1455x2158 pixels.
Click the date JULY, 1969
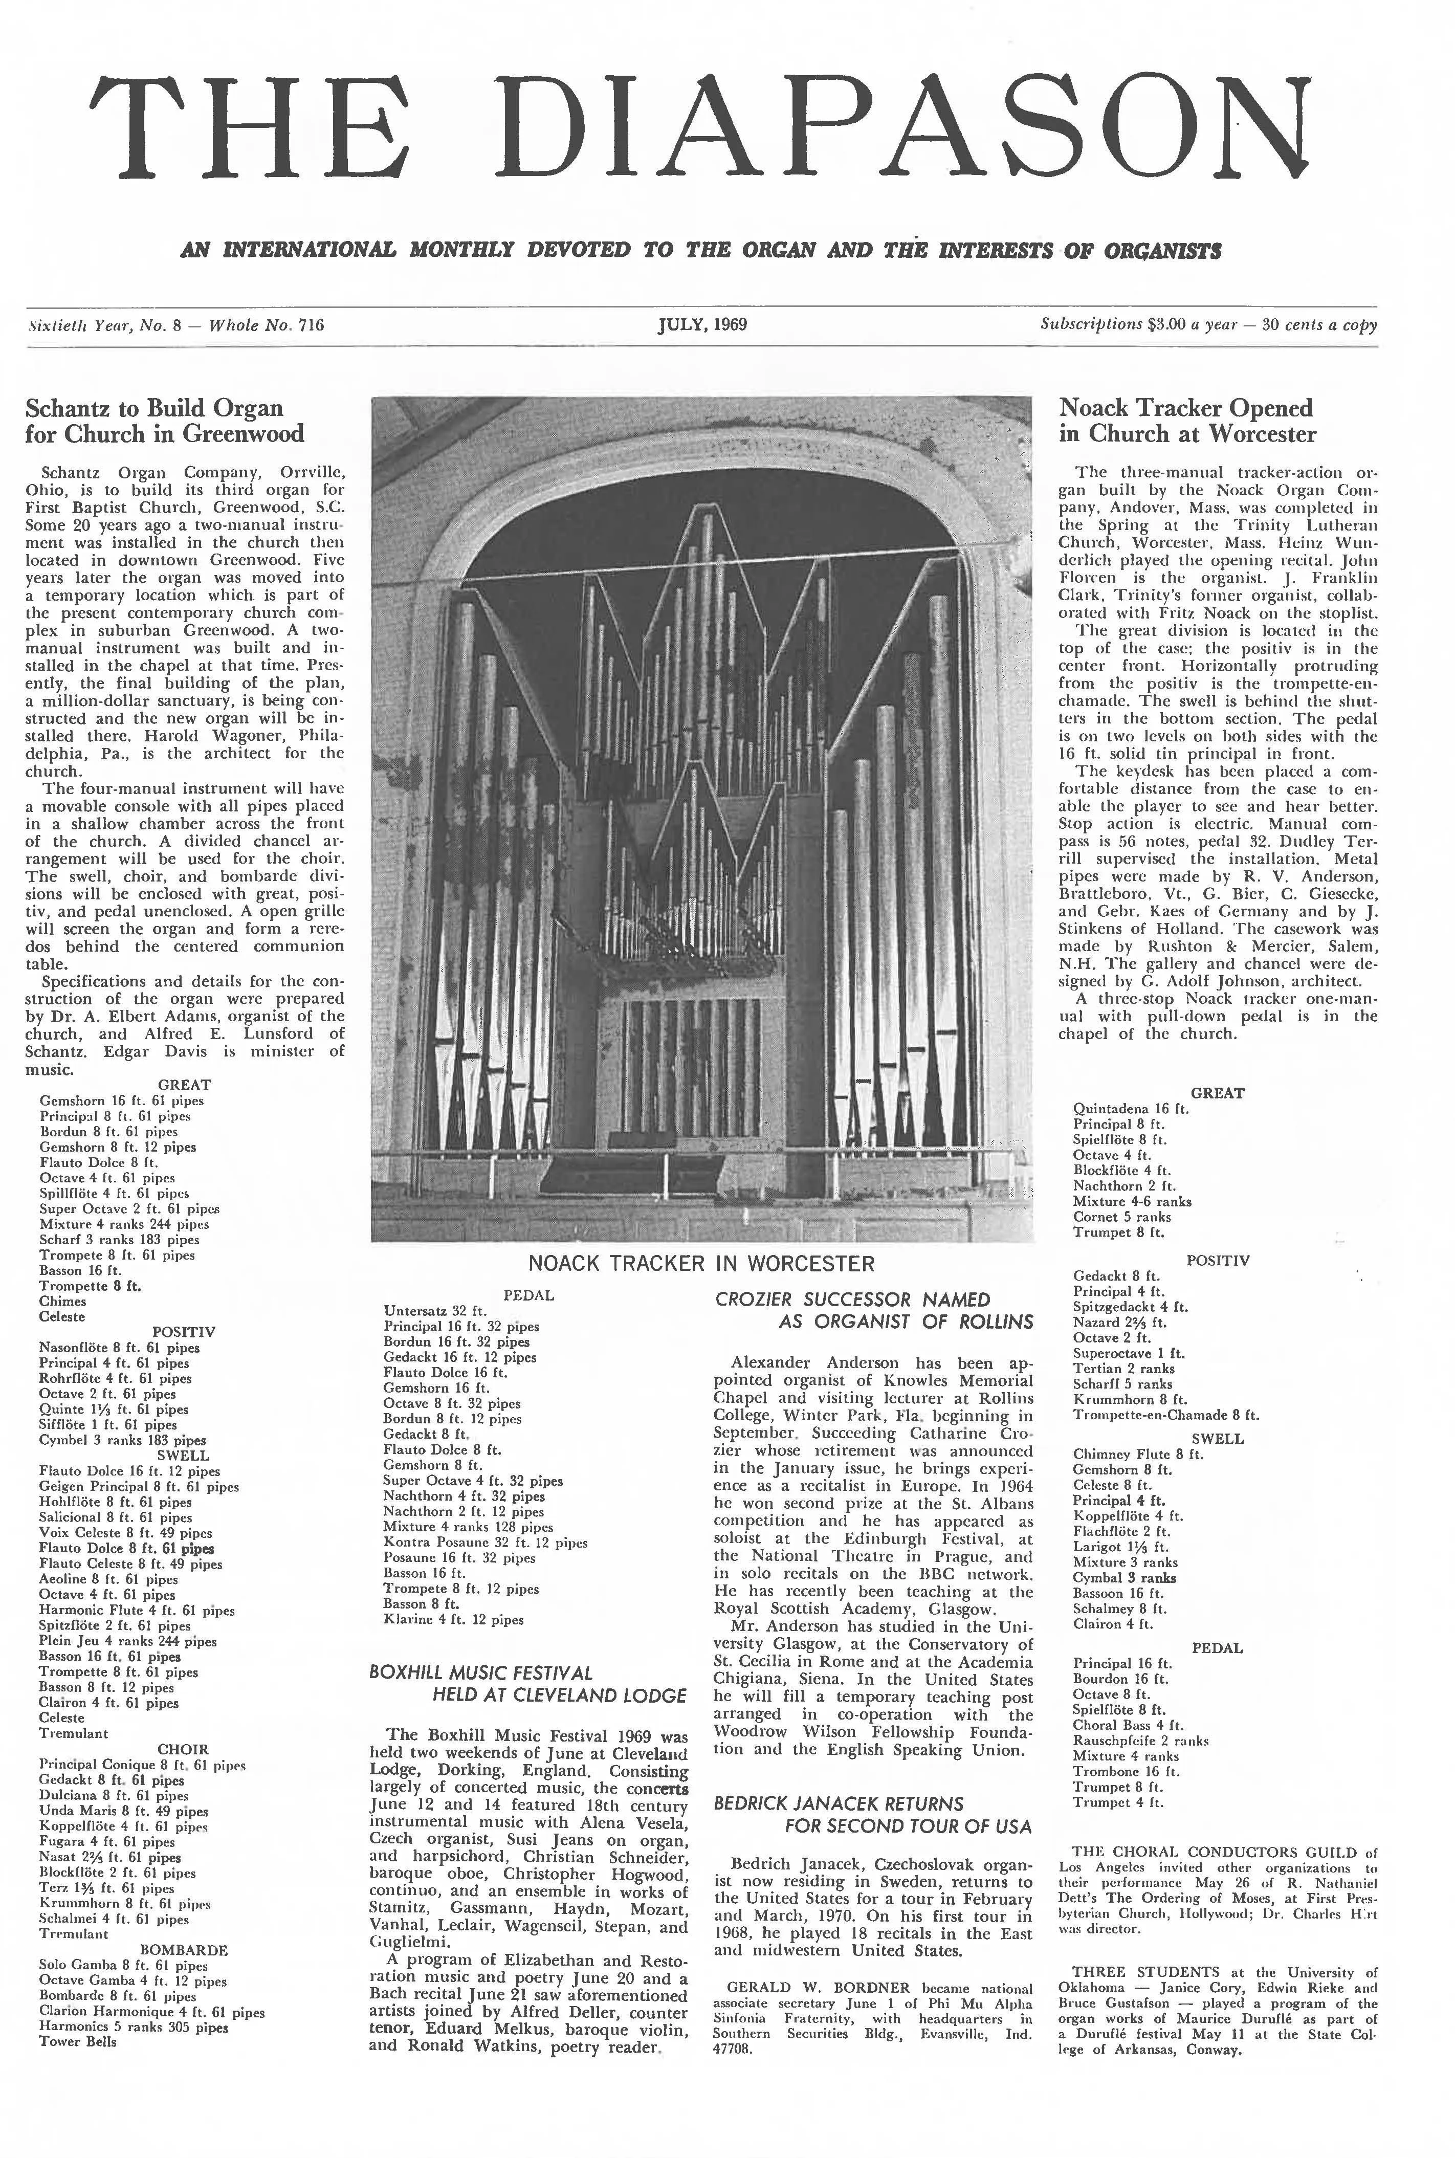pyautogui.click(x=702, y=325)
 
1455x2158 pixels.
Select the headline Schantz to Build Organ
pyautogui.click(x=154, y=408)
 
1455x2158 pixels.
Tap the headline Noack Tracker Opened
pyautogui.click(x=1186, y=408)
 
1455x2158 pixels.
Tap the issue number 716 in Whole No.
pyautogui.click(x=312, y=325)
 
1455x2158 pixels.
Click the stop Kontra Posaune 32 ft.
pyautogui.click(x=435, y=1542)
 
